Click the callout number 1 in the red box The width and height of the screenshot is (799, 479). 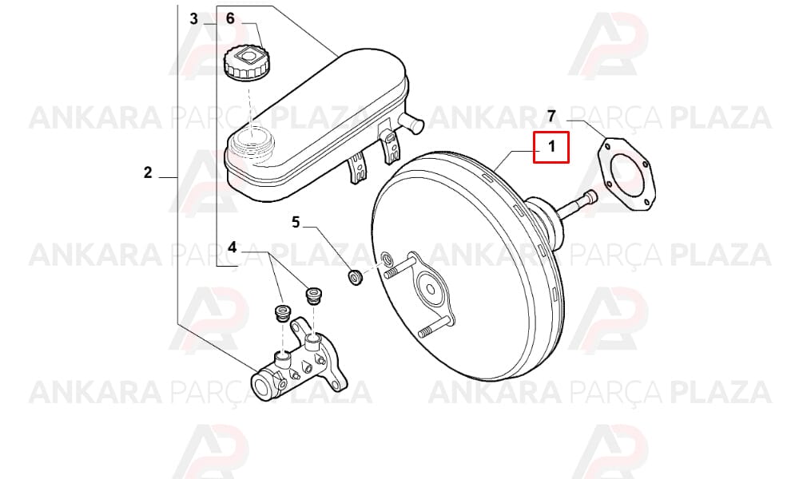click(551, 147)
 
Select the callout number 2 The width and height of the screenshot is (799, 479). click(148, 172)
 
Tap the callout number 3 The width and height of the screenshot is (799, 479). click(193, 19)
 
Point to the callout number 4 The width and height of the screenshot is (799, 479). click(233, 247)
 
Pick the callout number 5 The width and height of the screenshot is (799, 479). click(296, 223)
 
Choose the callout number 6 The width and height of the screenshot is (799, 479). click(230, 19)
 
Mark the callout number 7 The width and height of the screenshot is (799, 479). click(551, 116)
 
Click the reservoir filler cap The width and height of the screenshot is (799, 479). click(247, 61)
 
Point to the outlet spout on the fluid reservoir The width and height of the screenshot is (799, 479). click(411, 122)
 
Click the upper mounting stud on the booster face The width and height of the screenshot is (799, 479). click(399, 268)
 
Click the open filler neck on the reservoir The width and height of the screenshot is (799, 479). click(250, 138)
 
